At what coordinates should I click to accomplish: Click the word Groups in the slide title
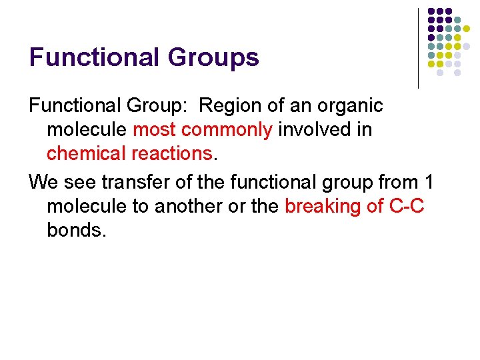click(213, 57)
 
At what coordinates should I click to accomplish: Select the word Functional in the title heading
click(95, 57)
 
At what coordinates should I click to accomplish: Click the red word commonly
click(227, 129)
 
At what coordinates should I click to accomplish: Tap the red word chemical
click(85, 153)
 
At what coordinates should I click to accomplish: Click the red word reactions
click(170, 153)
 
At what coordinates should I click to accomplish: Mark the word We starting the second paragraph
click(43, 182)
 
